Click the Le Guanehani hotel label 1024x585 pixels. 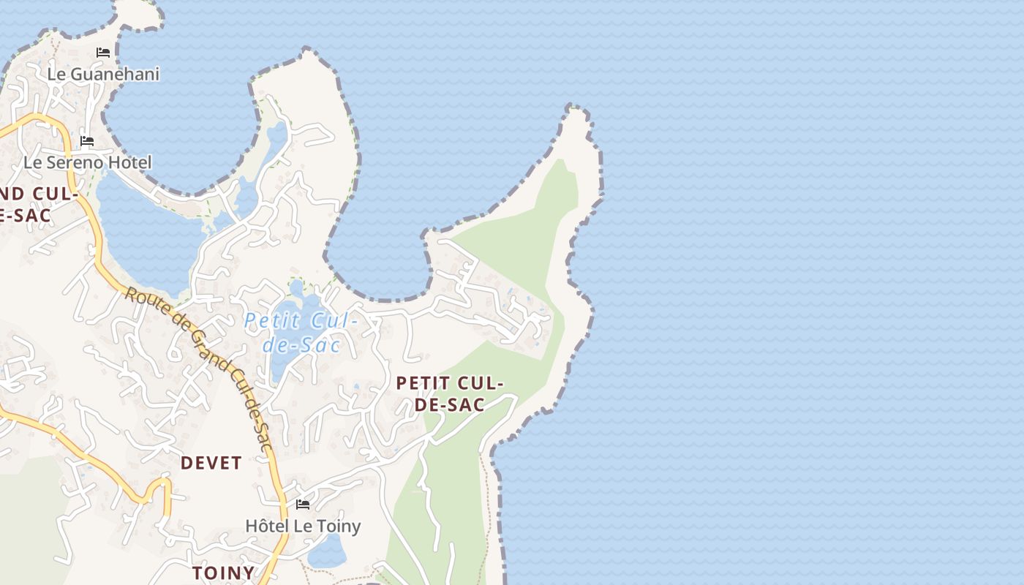point(103,74)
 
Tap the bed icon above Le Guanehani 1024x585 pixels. point(103,53)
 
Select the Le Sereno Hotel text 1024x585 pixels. point(88,162)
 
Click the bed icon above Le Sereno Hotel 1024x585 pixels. point(87,141)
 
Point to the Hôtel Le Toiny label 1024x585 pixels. point(303,526)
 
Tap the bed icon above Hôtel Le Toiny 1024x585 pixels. point(303,505)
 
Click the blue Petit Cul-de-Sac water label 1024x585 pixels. point(301,332)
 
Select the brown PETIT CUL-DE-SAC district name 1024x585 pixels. point(450,393)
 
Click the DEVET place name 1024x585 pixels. point(211,463)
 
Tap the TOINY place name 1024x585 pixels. point(224,573)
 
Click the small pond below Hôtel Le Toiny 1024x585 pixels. point(327,552)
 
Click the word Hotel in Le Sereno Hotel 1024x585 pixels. point(130,162)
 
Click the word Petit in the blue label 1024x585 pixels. point(271,320)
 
